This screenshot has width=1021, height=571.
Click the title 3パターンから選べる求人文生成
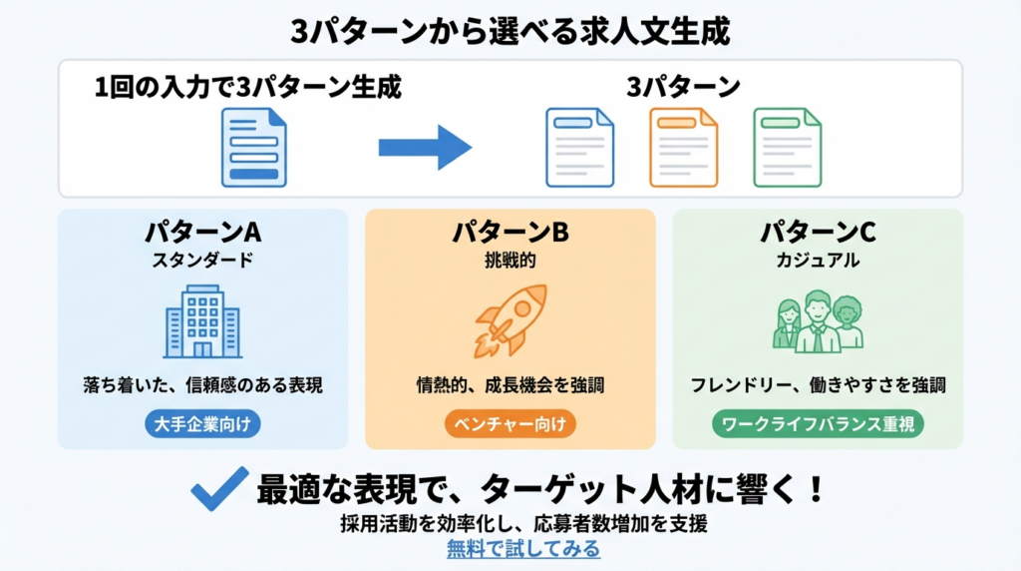pos(510,31)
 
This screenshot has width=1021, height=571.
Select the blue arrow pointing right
pos(424,148)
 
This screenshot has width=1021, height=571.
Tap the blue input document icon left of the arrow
pos(253,148)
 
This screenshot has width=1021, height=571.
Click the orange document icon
pos(683,148)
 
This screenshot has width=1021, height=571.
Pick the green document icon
pos(787,148)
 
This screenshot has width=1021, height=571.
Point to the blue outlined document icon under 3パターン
pos(579,148)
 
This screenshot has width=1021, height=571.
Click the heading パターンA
pos(202,233)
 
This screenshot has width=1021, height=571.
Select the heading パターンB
pos(510,233)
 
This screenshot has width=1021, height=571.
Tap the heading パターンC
pos(818,233)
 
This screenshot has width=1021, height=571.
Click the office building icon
pos(202,321)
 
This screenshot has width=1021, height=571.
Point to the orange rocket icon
pos(510,319)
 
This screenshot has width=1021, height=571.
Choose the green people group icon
pos(818,320)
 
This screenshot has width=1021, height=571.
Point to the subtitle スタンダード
pos(202,261)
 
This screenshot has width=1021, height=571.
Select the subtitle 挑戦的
pos(510,261)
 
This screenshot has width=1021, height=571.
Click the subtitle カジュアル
pos(818,261)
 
